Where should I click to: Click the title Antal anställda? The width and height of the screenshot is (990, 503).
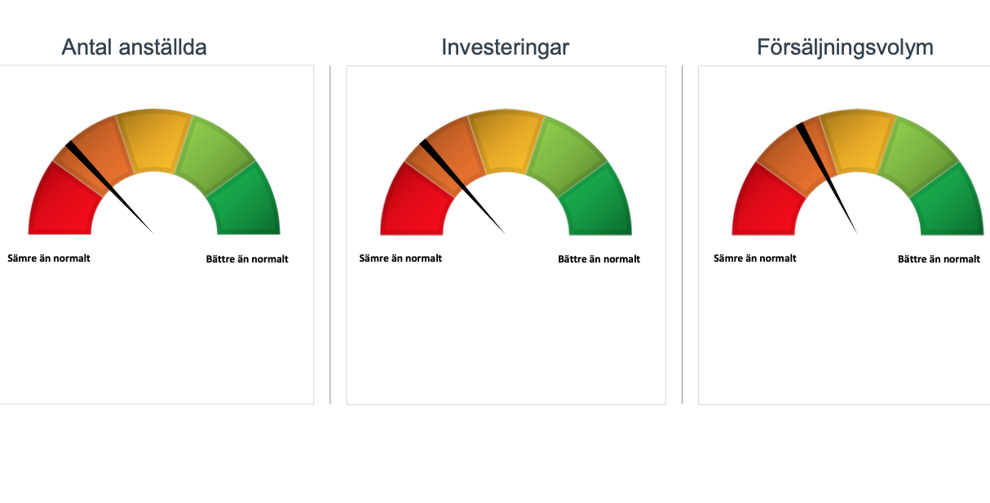[134, 47]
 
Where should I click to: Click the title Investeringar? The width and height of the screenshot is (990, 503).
[505, 47]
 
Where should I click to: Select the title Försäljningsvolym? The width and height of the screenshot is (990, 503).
[845, 47]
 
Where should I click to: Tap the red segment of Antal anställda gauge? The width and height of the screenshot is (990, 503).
[62, 204]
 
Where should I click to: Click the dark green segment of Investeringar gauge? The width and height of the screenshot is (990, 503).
[598, 204]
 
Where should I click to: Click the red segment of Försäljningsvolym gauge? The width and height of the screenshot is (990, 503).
[765, 204]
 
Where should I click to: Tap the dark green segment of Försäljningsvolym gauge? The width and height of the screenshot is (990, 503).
[949, 204]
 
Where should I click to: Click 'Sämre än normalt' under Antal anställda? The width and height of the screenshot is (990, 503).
[49, 258]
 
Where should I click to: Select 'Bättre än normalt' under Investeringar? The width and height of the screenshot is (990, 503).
[599, 259]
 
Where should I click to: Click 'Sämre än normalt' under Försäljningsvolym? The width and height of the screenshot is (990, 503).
[754, 258]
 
